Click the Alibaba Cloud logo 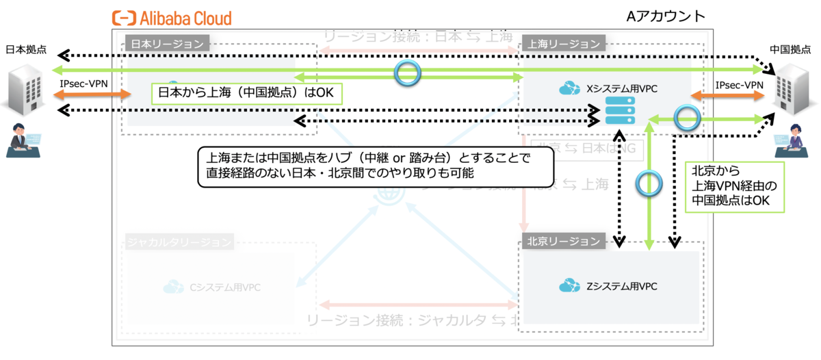[x=172, y=18]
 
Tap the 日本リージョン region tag [x=167, y=44]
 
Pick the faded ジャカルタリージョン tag [x=179, y=242]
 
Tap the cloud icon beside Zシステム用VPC [x=570, y=286]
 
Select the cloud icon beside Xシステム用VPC [x=570, y=88]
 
